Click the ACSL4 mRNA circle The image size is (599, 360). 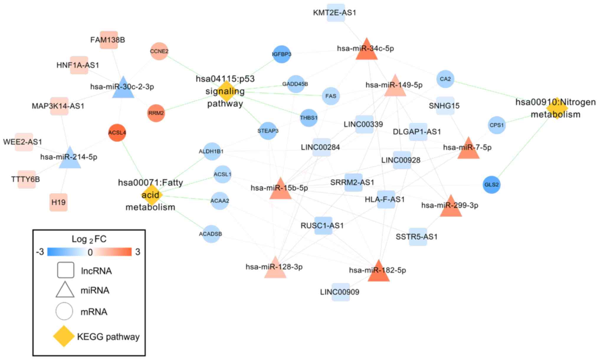(x=117, y=133)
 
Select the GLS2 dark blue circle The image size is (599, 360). (x=491, y=185)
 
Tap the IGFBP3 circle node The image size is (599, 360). (x=282, y=54)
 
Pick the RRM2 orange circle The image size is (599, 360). (x=156, y=113)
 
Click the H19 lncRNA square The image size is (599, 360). (x=58, y=202)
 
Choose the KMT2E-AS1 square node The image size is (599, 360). (x=336, y=13)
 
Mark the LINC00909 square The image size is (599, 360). (x=341, y=292)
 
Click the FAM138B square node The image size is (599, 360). (x=109, y=40)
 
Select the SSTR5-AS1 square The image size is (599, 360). (x=418, y=237)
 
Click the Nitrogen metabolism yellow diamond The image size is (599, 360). (x=557, y=108)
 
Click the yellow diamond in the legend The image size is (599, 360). (x=64, y=336)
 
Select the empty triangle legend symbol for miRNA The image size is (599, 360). (x=65, y=290)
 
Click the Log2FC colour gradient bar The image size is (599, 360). (x=89, y=252)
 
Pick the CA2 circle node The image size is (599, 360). (x=445, y=79)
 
